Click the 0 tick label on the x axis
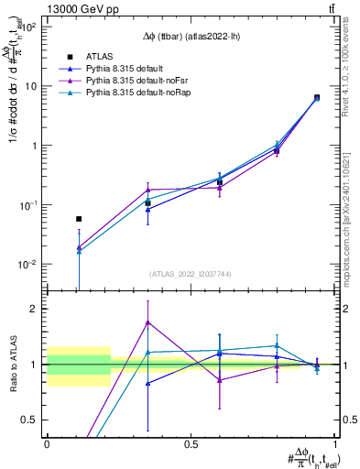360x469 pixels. (47, 443)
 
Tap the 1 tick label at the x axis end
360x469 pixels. (334, 443)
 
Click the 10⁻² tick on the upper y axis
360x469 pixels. (29, 264)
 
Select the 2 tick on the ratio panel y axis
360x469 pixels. (37, 309)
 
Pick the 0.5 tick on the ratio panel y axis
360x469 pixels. (32, 420)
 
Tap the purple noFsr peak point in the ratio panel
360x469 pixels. (148, 322)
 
